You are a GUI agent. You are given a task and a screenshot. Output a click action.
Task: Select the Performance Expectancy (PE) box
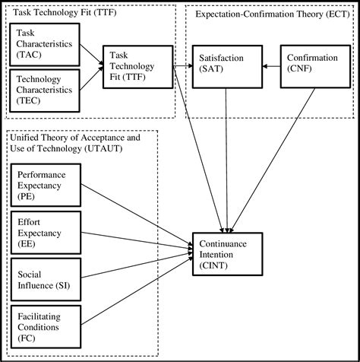pyautogui.click(x=48, y=185)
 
